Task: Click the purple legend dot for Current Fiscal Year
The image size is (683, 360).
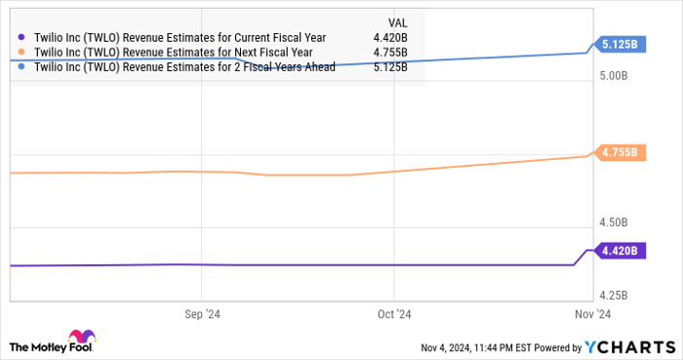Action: [x=21, y=37]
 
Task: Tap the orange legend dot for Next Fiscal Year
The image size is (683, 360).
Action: [x=21, y=52]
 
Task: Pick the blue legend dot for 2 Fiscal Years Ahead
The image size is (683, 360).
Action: [x=21, y=66]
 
